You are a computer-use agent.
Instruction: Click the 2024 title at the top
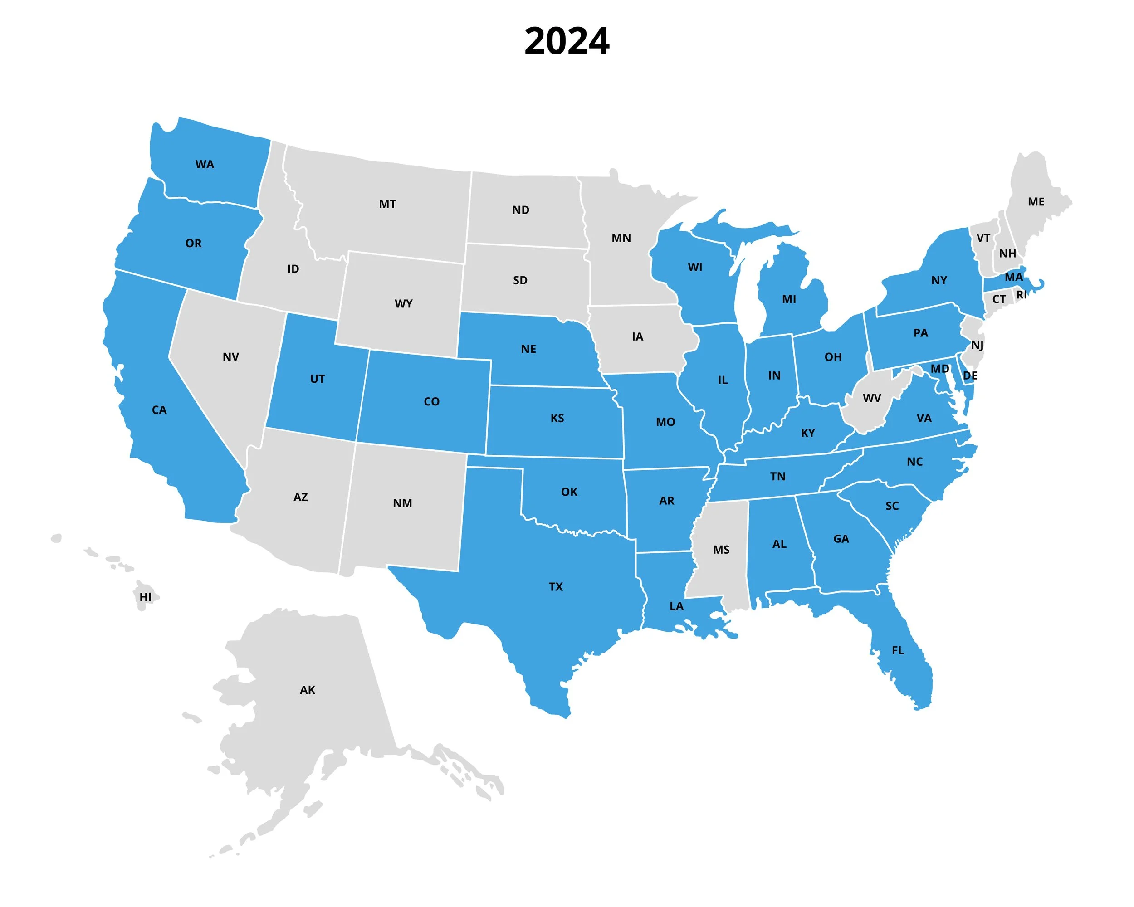pos(567,41)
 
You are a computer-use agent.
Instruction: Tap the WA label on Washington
pos(205,165)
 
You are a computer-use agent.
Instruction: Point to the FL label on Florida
pos(897,650)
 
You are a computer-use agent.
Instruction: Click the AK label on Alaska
pos(307,690)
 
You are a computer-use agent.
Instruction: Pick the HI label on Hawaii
pos(145,597)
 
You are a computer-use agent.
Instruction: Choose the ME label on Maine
pos(1036,202)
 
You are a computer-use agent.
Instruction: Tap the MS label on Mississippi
pos(721,550)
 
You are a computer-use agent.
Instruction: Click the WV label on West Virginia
pos(871,399)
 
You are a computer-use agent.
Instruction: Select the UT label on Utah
pos(317,379)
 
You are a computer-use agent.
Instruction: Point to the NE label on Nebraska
pos(528,349)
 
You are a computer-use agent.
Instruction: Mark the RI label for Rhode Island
pos(1021,295)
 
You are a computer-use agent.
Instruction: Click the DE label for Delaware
pos(969,376)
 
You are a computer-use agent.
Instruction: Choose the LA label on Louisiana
pos(676,606)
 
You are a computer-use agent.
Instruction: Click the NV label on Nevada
pos(230,357)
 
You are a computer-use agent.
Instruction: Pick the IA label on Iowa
pos(637,336)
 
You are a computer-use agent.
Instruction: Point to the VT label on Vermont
pos(983,238)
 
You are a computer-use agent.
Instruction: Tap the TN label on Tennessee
pos(777,476)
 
